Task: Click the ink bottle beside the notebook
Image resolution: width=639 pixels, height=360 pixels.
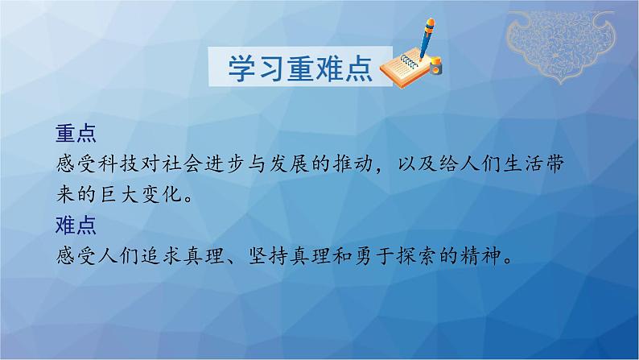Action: click(435, 65)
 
